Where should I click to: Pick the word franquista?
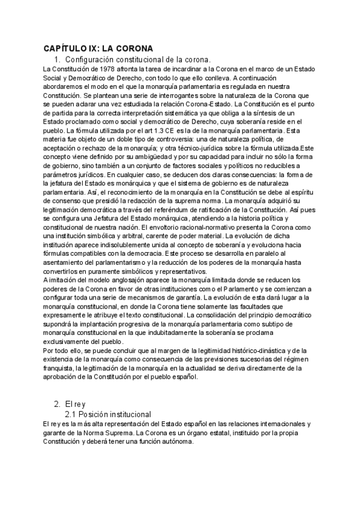click(61, 368)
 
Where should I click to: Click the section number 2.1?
click(71, 415)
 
